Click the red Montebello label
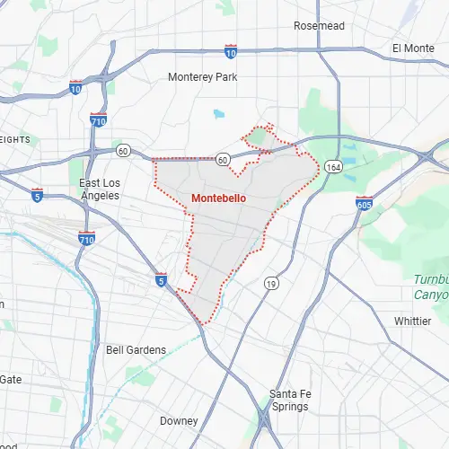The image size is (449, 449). [218, 198]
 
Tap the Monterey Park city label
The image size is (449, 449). [203, 77]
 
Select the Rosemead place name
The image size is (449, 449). [319, 26]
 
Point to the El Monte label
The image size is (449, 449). [413, 48]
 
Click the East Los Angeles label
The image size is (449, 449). [106, 189]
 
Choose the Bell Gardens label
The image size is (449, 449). [136, 349]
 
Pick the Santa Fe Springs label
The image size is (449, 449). [289, 400]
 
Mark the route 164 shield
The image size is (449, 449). [333, 167]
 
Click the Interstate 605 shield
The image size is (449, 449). [364, 204]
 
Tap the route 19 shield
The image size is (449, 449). [270, 284]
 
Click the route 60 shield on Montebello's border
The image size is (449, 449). [223, 159]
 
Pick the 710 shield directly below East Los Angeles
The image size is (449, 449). [86, 238]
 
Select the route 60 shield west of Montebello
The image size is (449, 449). [123, 151]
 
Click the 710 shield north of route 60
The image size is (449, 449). [97, 119]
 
